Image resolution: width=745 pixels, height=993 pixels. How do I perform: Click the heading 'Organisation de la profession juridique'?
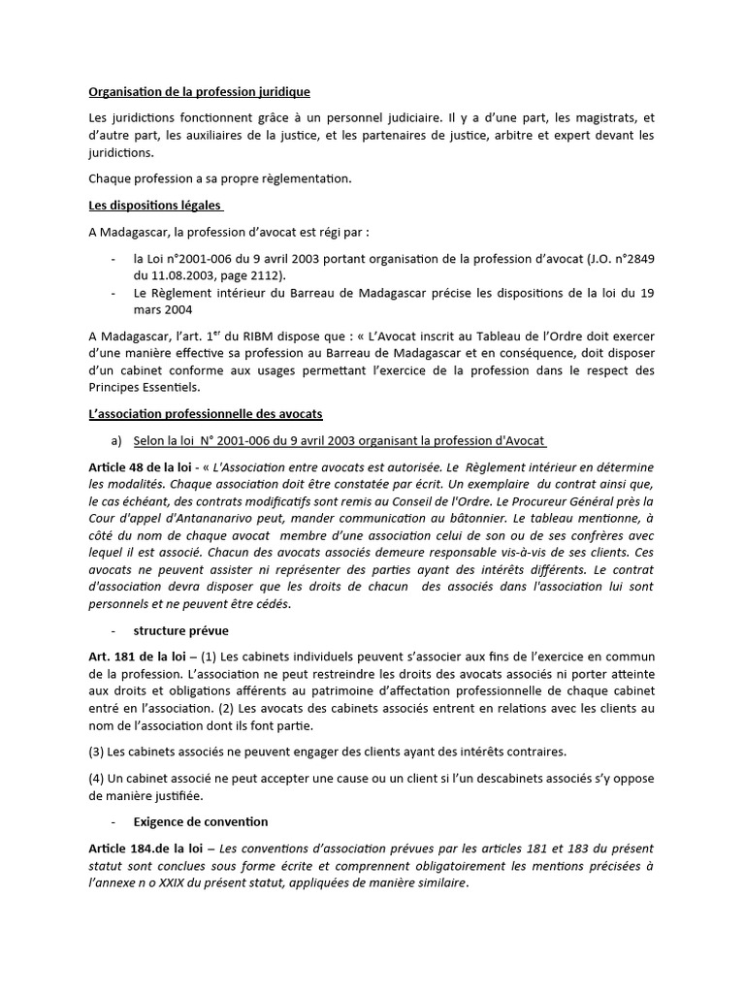coord(199,92)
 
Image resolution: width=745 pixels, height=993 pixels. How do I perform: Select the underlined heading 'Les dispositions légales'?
coord(155,206)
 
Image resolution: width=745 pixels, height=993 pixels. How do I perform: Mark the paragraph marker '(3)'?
coord(97,751)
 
